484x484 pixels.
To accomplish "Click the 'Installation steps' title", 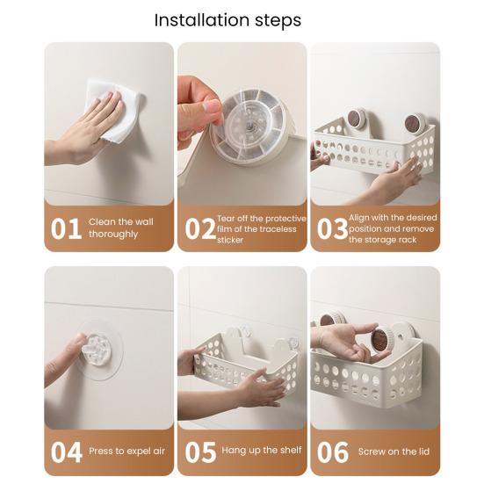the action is pyautogui.click(x=228, y=20).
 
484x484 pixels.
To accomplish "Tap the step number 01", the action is pyautogui.click(x=66, y=228).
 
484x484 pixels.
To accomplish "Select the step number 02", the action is pyautogui.click(x=200, y=228).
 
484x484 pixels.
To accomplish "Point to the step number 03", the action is pyautogui.click(x=332, y=228).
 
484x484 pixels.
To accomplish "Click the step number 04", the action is pyautogui.click(x=67, y=452).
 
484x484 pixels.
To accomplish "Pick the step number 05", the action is pyautogui.click(x=200, y=452).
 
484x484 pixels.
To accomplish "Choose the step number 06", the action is pyautogui.click(x=333, y=452).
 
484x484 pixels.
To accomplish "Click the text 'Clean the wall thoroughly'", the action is pyautogui.click(x=120, y=228).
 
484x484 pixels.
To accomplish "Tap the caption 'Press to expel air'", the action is pyautogui.click(x=126, y=451).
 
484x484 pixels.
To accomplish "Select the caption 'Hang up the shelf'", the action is pyautogui.click(x=262, y=451).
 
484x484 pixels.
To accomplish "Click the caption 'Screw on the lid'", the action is pyautogui.click(x=394, y=451).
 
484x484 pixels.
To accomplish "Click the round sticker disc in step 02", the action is pyautogui.click(x=250, y=127).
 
